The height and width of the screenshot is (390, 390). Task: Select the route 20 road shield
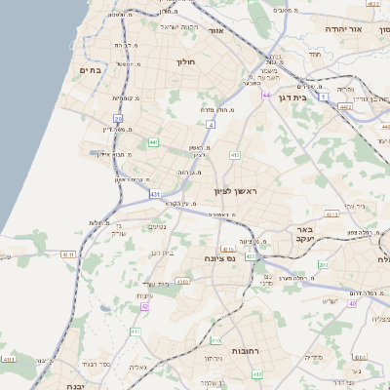coord(118,119)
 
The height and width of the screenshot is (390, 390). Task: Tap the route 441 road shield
coord(153,143)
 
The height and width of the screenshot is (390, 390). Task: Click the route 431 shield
coord(155,194)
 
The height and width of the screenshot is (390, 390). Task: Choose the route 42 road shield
coord(145,306)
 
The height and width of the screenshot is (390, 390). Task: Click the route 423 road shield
coord(252,255)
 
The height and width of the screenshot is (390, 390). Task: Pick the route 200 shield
coord(323,264)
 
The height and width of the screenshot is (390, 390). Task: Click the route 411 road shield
coord(136,332)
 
